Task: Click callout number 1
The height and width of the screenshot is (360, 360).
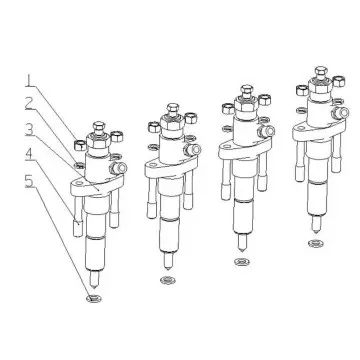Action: click(29, 79)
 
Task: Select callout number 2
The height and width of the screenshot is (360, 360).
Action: click(30, 103)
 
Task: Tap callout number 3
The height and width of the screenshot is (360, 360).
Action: click(30, 129)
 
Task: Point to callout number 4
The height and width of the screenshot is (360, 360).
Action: click(30, 153)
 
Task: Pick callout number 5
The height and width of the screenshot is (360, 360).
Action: click(30, 180)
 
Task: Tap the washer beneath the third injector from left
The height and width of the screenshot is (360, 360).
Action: click(240, 265)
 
